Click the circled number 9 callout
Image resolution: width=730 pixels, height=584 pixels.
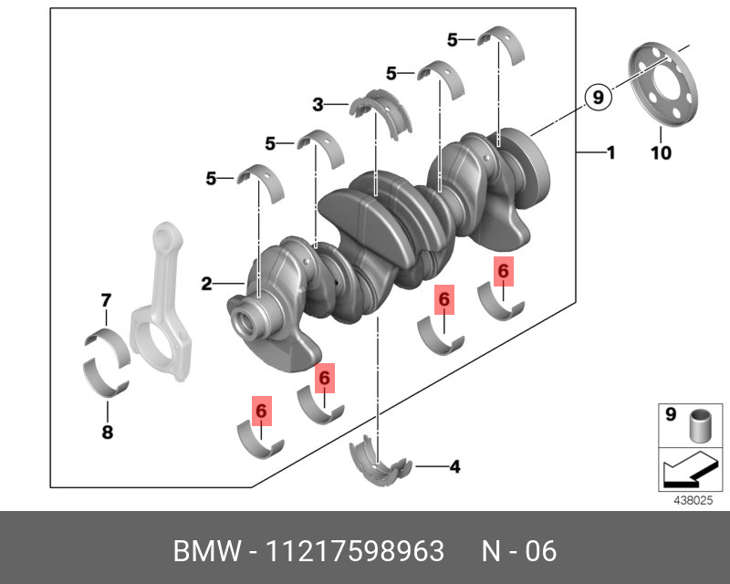pyautogui.click(x=596, y=96)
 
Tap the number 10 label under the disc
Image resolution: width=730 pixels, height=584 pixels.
pyautogui.click(x=660, y=153)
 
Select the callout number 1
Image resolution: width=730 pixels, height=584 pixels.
pyautogui.click(x=610, y=152)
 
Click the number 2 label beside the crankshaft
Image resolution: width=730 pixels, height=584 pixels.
pyautogui.click(x=207, y=285)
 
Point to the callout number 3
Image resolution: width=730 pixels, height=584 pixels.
pyautogui.click(x=318, y=106)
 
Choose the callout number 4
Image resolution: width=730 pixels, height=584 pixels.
pyautogui.click(x=454, y=468)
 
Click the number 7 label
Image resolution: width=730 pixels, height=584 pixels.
pyautogui.click(x=106, y=300)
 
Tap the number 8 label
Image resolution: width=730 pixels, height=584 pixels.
pyautogui.click(x=107, y=433)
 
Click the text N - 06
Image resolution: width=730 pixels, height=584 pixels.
pyautogui.click(x=518, y=551)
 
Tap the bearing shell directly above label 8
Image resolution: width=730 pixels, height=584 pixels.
pyautogui.click(x=107, y=378)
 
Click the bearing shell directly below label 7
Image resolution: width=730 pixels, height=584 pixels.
pyautogui.click(x=106, y=345)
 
